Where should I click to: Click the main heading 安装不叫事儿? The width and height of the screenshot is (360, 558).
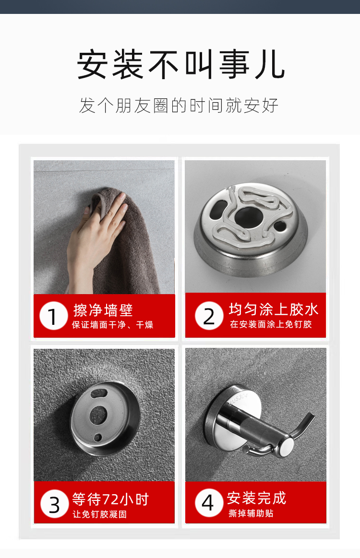tap(180, 64)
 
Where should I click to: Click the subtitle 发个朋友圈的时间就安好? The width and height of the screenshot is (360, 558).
tap(179, 106)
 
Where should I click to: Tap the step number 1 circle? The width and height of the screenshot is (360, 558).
tap(53, 316)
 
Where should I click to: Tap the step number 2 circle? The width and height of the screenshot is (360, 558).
tap(209, 316)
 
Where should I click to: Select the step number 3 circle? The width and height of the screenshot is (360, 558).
tap(55, 504)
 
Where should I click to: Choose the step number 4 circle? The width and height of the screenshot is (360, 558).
tap(209, 502)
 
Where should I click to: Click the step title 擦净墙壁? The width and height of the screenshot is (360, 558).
tap(103, 310)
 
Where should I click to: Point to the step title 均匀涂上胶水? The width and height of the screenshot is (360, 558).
tap(274, 309)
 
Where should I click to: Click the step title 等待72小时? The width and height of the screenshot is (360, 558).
tap(110, 499)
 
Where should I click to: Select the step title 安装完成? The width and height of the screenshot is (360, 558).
tap(257, 498)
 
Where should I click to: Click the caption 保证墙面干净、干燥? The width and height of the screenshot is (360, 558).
tap(112, 324)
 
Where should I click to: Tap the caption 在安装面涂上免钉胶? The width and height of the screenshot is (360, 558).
tap(271, 324)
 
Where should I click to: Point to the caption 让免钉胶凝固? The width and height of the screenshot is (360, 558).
tap(100, 514)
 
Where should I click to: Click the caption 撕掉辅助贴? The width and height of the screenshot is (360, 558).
tap(251, 513)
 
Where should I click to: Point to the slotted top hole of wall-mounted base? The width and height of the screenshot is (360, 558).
tap(99, 394)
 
